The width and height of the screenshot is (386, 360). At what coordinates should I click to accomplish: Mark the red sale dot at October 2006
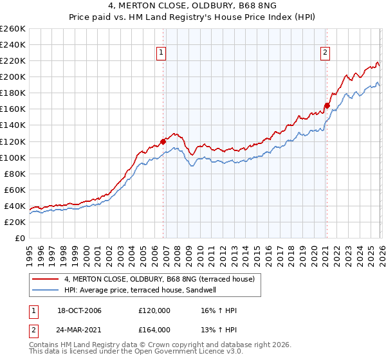[x=163, y=141]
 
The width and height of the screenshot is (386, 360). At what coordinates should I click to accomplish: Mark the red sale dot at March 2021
[x=327, y=106]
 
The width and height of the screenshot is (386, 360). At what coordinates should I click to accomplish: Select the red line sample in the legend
[x=46, y=279]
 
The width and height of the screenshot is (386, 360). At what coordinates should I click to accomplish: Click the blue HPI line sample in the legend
[x=46, y=290]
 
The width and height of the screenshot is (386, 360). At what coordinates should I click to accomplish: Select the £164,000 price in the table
[x=154, y=329]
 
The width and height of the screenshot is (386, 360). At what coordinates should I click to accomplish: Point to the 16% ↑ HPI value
[x=219, y=311]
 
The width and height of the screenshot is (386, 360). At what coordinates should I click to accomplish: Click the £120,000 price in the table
[x=154, y=311]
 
